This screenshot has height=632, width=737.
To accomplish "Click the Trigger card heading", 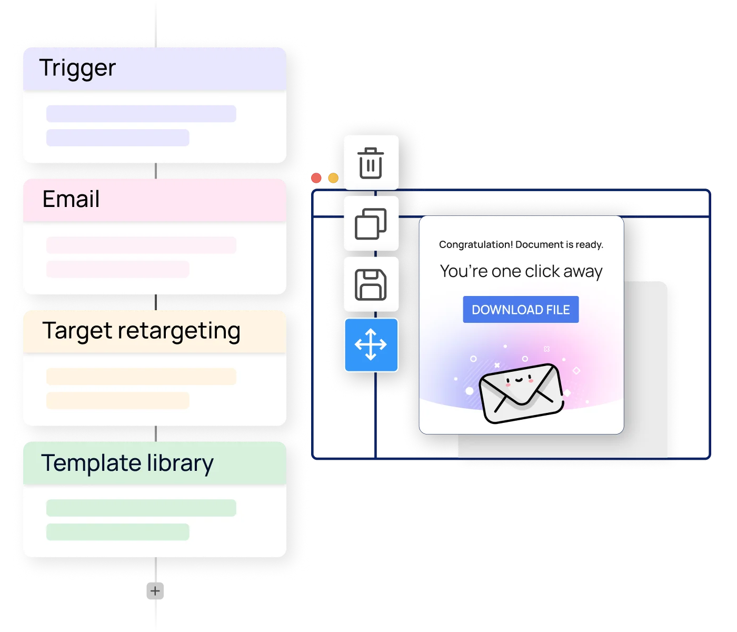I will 77,68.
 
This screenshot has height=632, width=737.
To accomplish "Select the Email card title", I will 71,200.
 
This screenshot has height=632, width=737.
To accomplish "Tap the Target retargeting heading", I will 141,331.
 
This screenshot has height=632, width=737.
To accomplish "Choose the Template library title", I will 127,463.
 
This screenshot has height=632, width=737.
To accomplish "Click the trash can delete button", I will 371,163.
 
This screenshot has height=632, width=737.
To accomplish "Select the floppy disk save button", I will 371,284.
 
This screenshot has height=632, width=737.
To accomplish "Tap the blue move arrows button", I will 371,345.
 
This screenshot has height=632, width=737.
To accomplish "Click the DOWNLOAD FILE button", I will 521,310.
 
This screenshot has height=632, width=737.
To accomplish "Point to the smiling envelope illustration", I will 521,392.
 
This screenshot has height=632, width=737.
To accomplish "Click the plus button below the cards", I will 155,591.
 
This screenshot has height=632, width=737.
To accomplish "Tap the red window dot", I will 316,178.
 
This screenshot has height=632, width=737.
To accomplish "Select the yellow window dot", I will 333,178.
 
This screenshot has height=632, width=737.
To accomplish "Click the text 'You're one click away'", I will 521,271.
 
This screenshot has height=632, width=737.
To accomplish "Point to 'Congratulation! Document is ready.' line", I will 521,245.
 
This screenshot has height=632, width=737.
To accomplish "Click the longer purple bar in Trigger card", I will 141,114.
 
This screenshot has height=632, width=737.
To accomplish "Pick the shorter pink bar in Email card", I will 117,269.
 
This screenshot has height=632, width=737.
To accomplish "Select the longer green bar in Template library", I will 141,508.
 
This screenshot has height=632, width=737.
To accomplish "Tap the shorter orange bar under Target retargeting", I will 117,400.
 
